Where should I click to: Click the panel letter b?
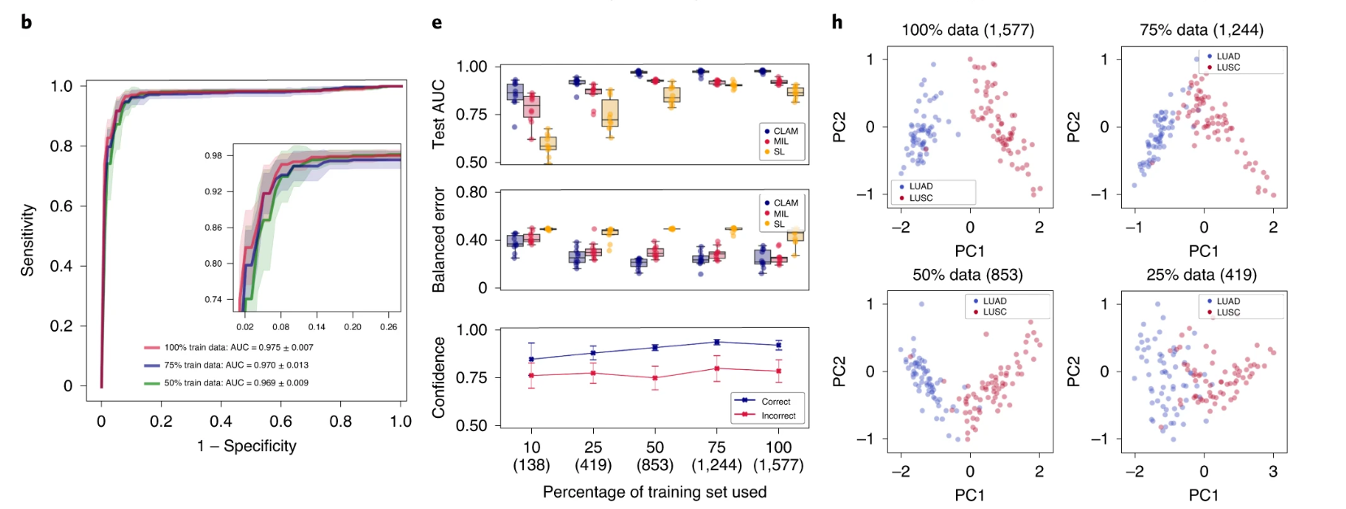point(26,22)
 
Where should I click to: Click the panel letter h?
point(837,22)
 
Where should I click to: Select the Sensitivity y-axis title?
point(28,240)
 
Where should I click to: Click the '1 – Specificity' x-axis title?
point(247,446)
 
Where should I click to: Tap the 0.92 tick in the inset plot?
point(213,192)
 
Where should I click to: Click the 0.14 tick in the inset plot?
point(317,327)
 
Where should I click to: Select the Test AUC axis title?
point(439,114)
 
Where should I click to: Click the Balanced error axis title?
point(439,240)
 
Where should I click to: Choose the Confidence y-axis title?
point(439,377)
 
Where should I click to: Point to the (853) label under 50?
point(655,465)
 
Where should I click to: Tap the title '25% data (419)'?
point(1201,275)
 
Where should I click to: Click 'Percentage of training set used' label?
point(655,492)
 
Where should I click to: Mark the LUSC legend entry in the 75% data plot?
point(1227,67)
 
